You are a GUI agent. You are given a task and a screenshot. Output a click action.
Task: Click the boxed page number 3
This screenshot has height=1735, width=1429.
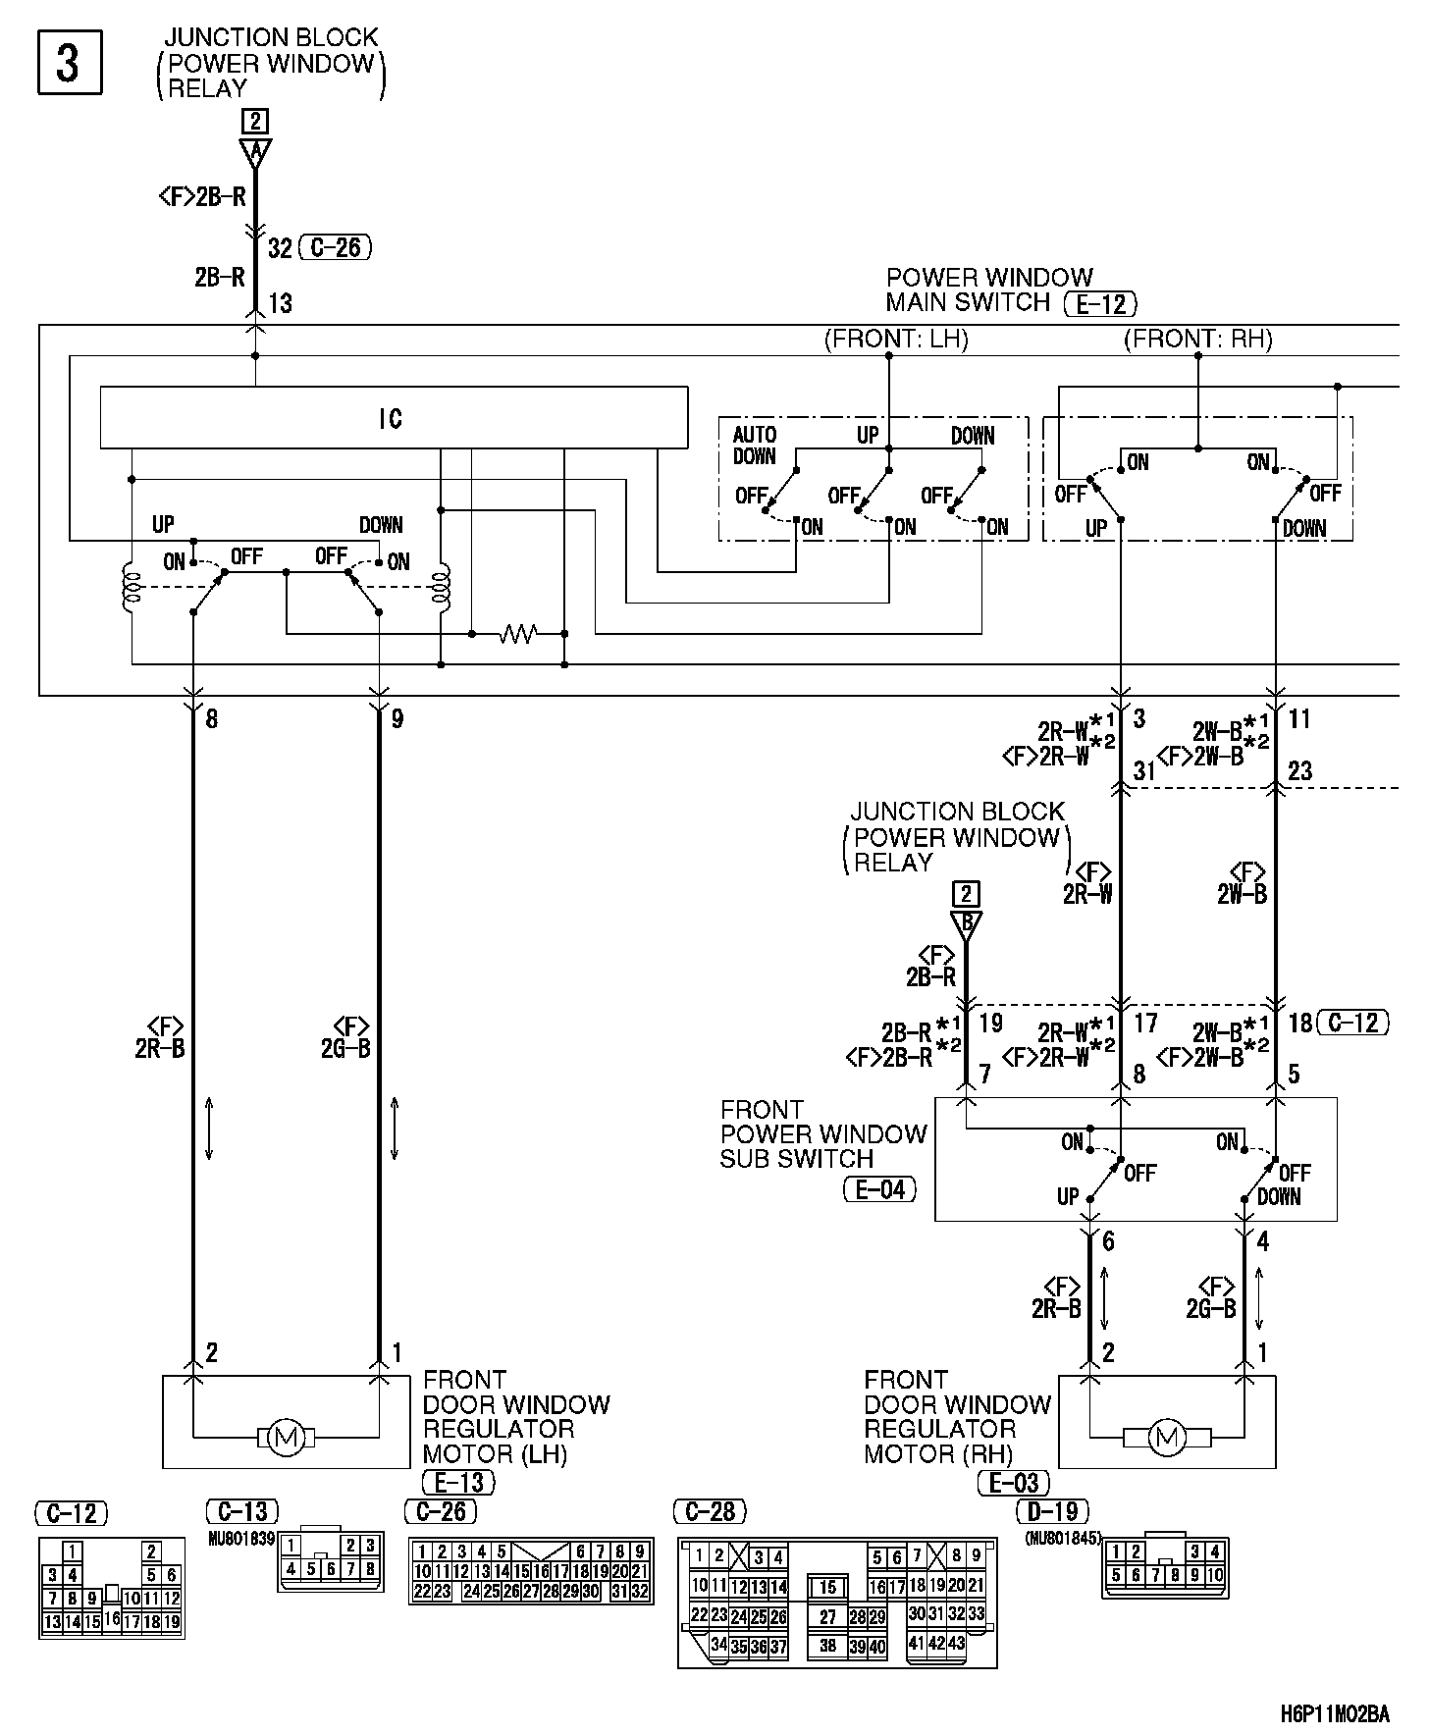coord(69,64)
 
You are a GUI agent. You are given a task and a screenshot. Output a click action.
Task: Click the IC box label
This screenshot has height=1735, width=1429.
coord(391,419)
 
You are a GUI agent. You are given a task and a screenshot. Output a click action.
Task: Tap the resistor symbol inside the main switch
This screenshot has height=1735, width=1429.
coord(517,634)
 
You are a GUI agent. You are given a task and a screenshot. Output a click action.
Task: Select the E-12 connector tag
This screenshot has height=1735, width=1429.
coord(1100,304)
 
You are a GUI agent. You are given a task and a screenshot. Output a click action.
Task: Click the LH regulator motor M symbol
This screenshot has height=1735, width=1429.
coord(286,1439)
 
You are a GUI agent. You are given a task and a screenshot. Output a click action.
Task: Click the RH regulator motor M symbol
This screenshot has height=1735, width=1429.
coord(1166,1438)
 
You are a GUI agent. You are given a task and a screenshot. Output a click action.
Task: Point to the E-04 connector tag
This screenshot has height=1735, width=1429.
coord(879,1190)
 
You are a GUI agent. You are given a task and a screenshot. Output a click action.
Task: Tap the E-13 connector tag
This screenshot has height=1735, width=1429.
coord(458,1481)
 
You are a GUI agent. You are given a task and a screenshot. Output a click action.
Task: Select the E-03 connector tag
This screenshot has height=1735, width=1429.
coord(1014,1482)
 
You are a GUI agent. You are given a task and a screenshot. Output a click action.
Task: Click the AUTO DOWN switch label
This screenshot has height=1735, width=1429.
coord(755,445)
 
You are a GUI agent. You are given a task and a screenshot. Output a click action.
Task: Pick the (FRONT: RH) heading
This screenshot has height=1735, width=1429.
coord(1197,340)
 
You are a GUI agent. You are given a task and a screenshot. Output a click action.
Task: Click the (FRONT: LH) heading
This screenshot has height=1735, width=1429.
coord(895,340)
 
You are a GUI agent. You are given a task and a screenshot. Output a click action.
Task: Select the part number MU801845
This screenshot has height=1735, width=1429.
coord(1063,1539)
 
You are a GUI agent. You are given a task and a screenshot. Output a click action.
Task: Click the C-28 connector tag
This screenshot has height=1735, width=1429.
coord(712,1512)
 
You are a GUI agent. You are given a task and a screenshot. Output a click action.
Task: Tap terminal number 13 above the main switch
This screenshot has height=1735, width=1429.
coord(281,303)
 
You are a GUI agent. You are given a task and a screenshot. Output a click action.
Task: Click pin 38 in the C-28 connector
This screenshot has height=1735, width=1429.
coord(827,1646)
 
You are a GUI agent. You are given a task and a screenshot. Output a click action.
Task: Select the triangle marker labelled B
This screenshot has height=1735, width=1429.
coord(967,922)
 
